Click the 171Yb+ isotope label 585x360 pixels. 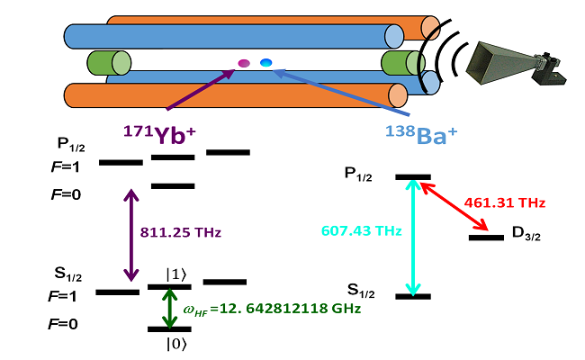coord(159,134)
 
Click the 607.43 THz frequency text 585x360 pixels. coord(359,231)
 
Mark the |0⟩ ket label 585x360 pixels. coord(175,342)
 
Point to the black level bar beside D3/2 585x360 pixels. coord(486,238)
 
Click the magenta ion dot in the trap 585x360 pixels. coord(243,63)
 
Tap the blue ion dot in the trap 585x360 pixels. coord(266,61)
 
